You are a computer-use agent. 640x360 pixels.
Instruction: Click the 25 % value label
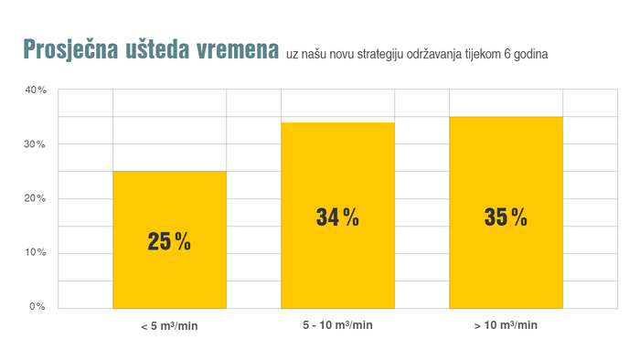click(169, 242)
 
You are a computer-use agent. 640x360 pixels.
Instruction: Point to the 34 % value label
click(337, 217)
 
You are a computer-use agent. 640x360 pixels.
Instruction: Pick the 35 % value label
click(506, 217)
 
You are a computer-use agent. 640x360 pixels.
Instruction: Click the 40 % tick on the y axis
click(36, 90)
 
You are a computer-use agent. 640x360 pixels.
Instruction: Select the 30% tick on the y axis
click(36, 144)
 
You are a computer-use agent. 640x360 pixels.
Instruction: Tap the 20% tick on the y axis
click(36, 198)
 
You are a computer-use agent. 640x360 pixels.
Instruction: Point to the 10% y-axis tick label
click(36, 252)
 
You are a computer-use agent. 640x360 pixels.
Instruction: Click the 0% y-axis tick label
click(37, 306)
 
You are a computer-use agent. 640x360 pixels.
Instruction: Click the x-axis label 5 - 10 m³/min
click(337, 325)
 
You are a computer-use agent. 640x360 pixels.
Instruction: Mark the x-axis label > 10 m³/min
click(506, 325)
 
